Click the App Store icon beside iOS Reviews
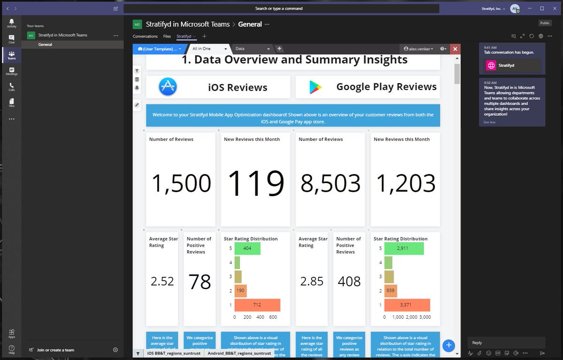[x=167, y=87]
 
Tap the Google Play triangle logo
[x=315, y=87]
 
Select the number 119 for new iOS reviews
[x=256, y=183]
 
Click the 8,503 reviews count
[x=330, y=183]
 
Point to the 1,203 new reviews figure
[x=405, y=183]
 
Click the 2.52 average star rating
[x=162, y=281]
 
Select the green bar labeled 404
[x=247, y=248]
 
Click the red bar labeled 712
[x=257, y=305]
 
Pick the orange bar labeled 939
[x=390, y=291]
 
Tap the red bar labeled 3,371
[x=406, y=305]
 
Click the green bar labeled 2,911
[x=404, y=248]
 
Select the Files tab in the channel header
[x=167, y=36]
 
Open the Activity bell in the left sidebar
[x=11, y=23]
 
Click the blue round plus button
[x=449, y=345]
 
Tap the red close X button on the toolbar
[x=455, y=49]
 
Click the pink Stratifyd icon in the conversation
[x=491, y=66]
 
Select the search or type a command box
[x=281, y=8]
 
